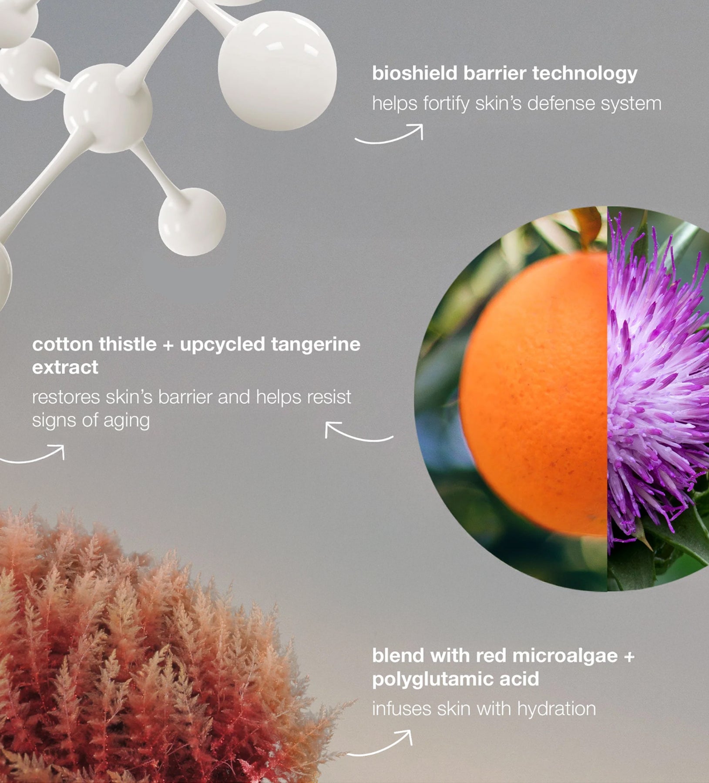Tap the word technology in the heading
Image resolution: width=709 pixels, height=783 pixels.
tap(585, 74)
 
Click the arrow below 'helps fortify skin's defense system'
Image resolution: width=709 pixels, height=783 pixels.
tap(389, 134)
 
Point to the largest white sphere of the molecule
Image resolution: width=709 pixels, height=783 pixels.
tap(277, 71)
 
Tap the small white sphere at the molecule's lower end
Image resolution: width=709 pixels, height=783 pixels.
tap(192, 222)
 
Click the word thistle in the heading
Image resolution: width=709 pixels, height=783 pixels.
tap(128, 345)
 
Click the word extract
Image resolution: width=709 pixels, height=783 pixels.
tap(65, 368)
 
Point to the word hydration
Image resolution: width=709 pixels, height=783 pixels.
tap(557, 709)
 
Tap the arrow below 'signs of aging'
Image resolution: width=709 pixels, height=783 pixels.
tap(32, 454)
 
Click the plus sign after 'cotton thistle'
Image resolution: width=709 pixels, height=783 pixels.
tap(168, 345)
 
